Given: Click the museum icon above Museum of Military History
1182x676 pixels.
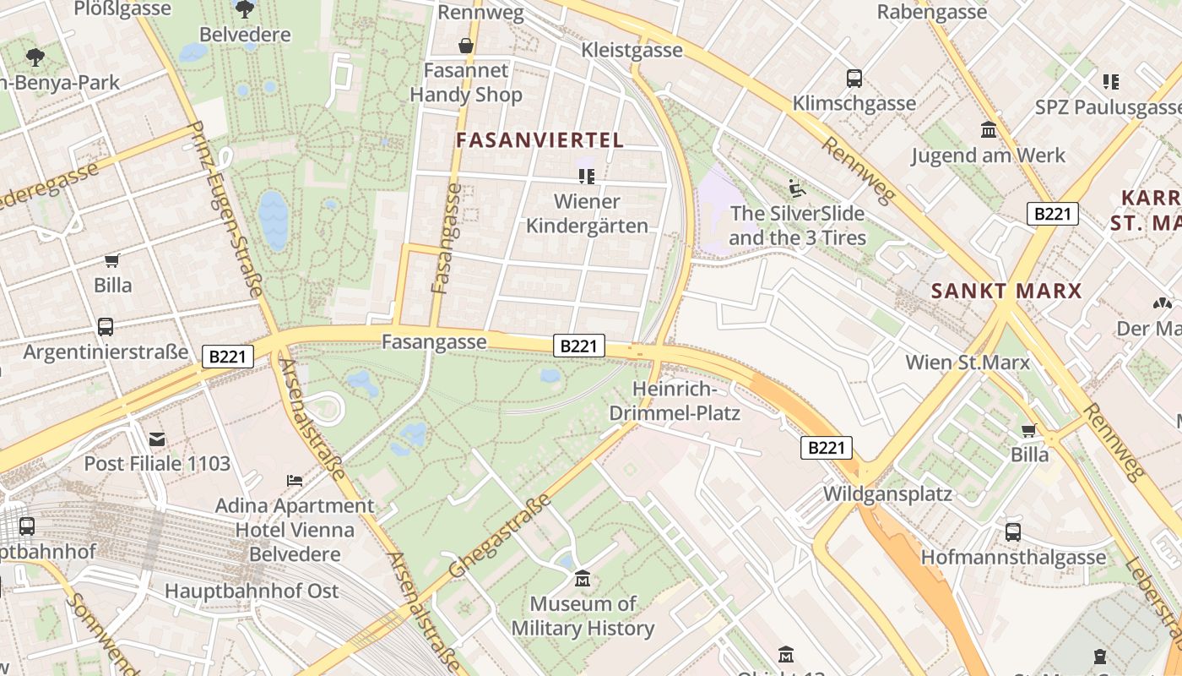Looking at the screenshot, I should click(582, 580).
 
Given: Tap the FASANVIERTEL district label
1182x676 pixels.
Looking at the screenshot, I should click(540, 140).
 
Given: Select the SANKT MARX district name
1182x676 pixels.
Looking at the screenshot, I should click(1006, 292).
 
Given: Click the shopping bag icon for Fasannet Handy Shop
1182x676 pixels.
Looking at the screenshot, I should click(465, 45).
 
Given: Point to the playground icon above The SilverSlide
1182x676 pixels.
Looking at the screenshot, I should click(797, 187).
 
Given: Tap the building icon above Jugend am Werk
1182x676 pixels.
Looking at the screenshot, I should click(988, 130).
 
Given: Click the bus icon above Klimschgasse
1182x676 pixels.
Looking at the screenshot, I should click(854, 79).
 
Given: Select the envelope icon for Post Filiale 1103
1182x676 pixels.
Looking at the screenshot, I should click(157, 439).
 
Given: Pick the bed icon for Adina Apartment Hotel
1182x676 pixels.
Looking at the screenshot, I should click(294, 481).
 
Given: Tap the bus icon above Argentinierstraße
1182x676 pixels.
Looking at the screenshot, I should click(106, 326).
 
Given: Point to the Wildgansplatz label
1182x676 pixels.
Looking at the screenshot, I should click(887, 493).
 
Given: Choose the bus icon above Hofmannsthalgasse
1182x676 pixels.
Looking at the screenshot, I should click(1012, 532).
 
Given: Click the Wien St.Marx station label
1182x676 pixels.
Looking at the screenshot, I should click(968, 363).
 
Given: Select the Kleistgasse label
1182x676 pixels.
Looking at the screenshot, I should click(632, 50).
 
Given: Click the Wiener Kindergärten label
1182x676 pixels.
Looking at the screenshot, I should click(588, 214).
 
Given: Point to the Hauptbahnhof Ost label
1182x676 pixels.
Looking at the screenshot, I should click(252, 591).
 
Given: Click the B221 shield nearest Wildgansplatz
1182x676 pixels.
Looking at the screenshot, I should click(826, 448).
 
